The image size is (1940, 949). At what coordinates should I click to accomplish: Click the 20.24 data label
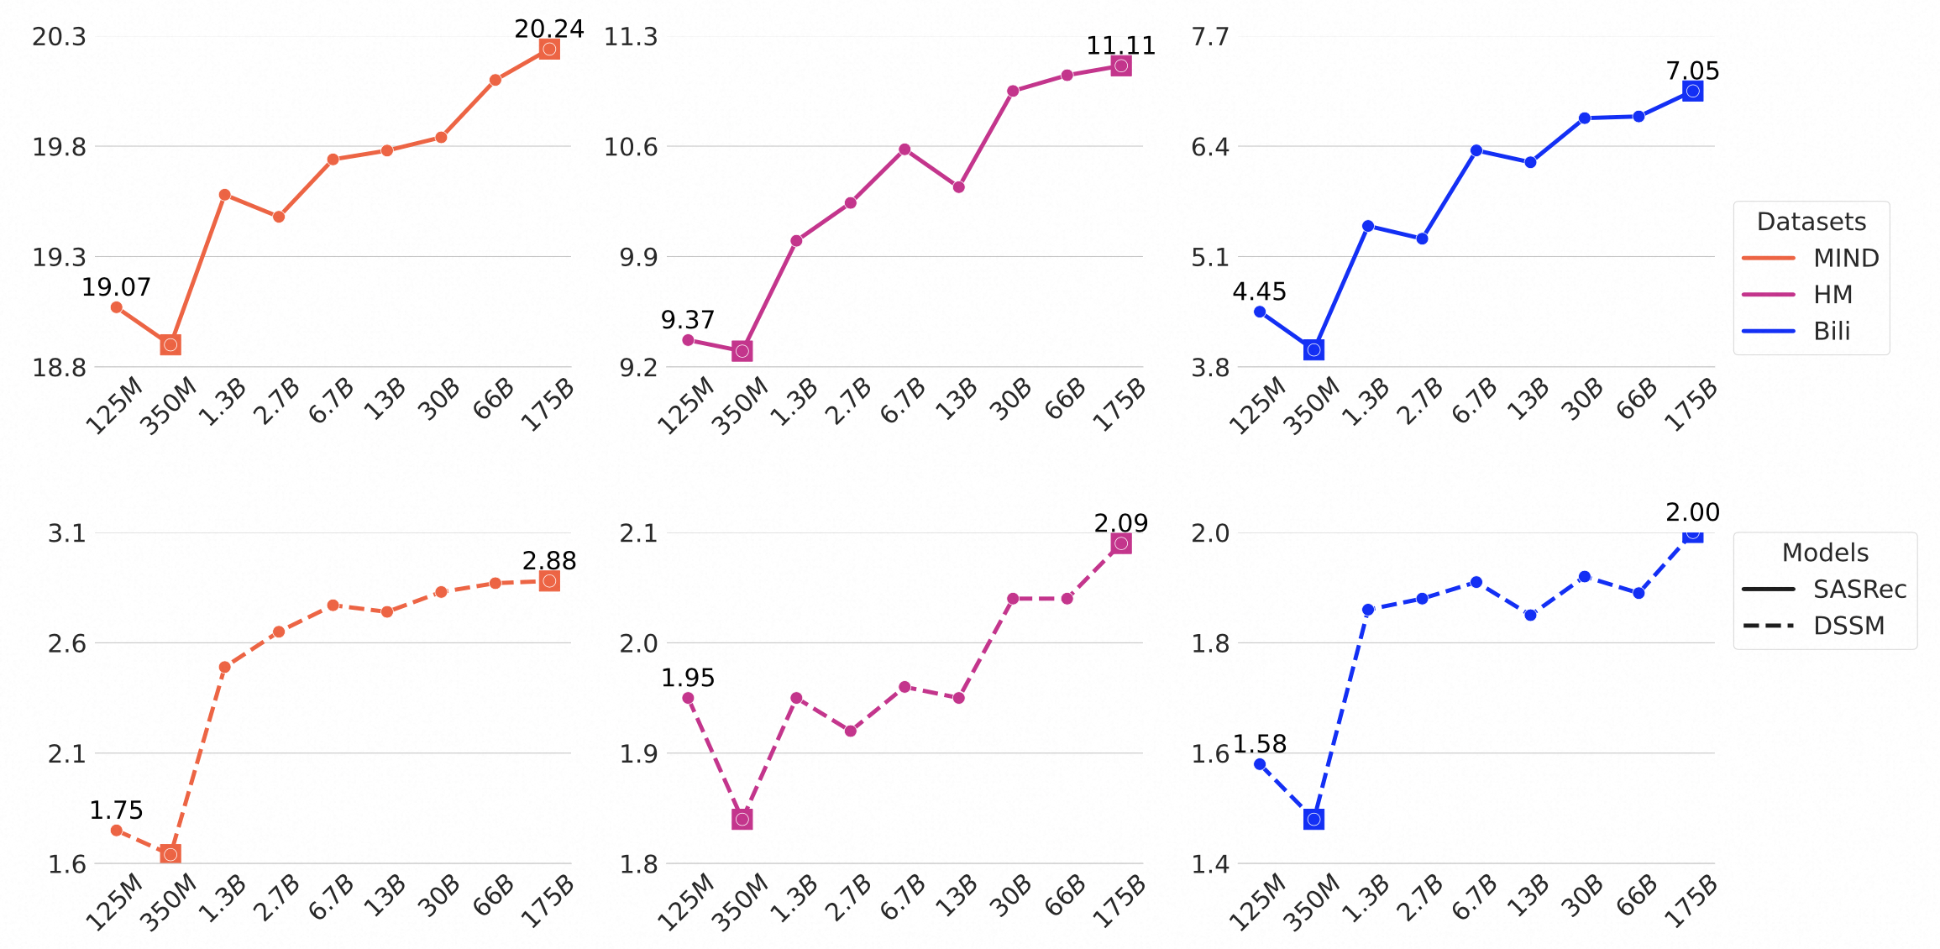point(548,29)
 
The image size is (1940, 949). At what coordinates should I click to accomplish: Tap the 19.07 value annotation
point(116,287)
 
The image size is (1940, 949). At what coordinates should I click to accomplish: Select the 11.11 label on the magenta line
point(1120,45)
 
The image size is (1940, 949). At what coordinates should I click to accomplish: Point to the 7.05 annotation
point(1692,71)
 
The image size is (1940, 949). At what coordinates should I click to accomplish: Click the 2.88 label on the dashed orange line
point(548,561)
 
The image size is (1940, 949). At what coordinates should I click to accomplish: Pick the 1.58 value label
point(1259,744)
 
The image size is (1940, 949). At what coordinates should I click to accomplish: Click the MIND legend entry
point(1845,258)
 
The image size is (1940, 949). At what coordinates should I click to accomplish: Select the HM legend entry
point(1832,295)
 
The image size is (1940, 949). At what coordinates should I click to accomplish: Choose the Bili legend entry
point(1831,331)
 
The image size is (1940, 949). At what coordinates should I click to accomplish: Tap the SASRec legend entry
point(1859,590)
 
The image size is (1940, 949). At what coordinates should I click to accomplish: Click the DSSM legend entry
point(1848,626)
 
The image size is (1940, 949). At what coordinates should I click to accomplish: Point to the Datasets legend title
point(1811,222)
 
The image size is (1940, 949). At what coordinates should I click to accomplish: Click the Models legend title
point(1825,553)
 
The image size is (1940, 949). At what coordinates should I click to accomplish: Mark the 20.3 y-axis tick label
point(59,37)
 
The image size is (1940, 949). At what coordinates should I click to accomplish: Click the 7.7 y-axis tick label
point(1209,37)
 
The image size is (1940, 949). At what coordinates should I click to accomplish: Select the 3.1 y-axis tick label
point(66,533)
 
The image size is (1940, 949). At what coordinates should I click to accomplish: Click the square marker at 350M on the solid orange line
point(170,344)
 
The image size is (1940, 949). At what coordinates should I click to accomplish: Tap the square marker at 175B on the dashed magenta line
point(1120,543)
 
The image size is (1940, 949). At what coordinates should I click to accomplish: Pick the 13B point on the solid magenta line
point(958,187)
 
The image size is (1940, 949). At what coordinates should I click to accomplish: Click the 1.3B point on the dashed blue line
point(1367,610)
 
